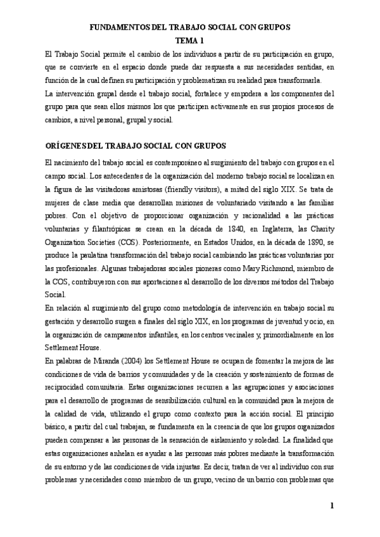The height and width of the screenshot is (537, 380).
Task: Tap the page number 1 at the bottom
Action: (x=332, y=506)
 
